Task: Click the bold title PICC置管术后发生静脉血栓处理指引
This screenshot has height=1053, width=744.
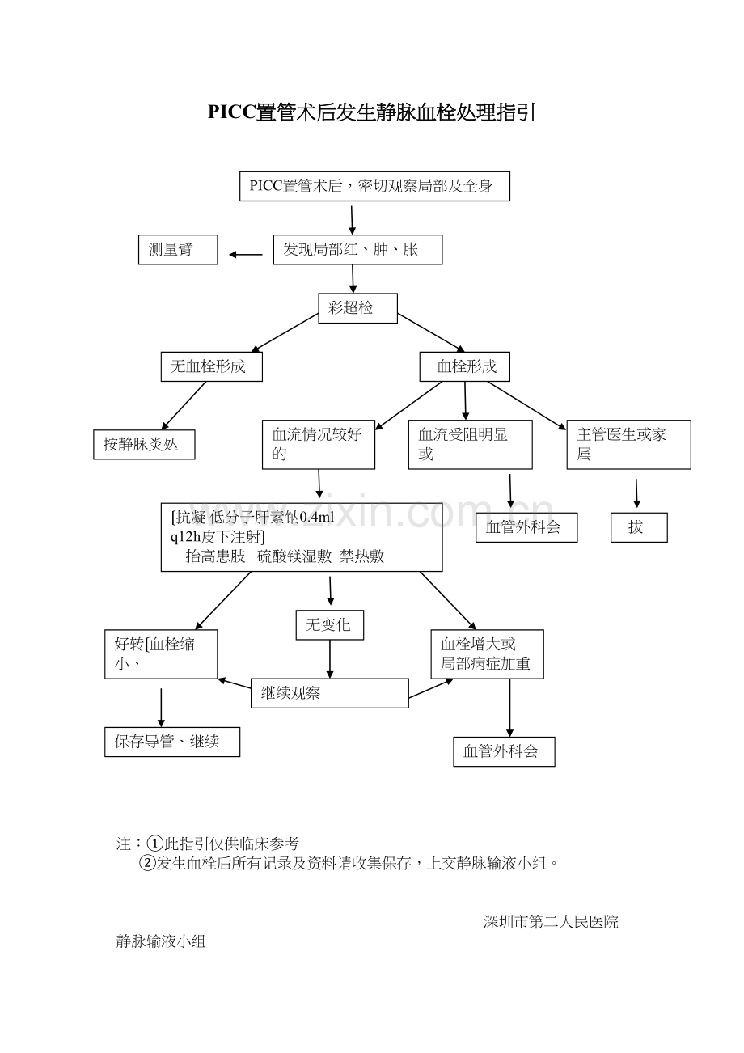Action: tap(371, 113)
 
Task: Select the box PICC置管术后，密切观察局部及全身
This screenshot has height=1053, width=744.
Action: tap(374, 186)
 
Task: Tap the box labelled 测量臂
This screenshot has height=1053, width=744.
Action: tap(178, 250)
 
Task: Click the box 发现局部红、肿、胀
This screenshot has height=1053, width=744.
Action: tap(357, 250)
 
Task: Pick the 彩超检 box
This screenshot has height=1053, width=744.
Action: tap(357, 308)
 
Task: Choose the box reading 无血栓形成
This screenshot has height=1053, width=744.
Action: tap(212, 366)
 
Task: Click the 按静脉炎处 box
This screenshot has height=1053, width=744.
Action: tap(144, 444)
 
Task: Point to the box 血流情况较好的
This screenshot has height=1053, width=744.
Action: tap(318, 445)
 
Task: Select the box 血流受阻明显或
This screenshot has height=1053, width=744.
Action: tap(470, 445)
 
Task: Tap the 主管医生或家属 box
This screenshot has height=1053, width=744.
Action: tap(628, 445)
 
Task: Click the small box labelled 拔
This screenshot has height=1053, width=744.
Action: tap(639, 527)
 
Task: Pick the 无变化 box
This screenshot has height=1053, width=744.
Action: tap(329, 624)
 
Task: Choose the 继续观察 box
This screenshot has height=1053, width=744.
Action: tap(329, 693)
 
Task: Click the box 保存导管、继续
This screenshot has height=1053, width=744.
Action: tap(172, 742)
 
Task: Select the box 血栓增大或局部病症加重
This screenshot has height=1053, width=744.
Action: tap(487, 654)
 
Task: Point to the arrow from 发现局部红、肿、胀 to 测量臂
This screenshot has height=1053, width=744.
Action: tap(246, 255)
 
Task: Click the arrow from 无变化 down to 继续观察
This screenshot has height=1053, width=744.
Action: tap(329, 659)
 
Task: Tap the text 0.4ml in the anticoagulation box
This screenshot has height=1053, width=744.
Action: tap(316, 518)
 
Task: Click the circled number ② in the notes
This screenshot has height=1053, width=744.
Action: tap(147, 863)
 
